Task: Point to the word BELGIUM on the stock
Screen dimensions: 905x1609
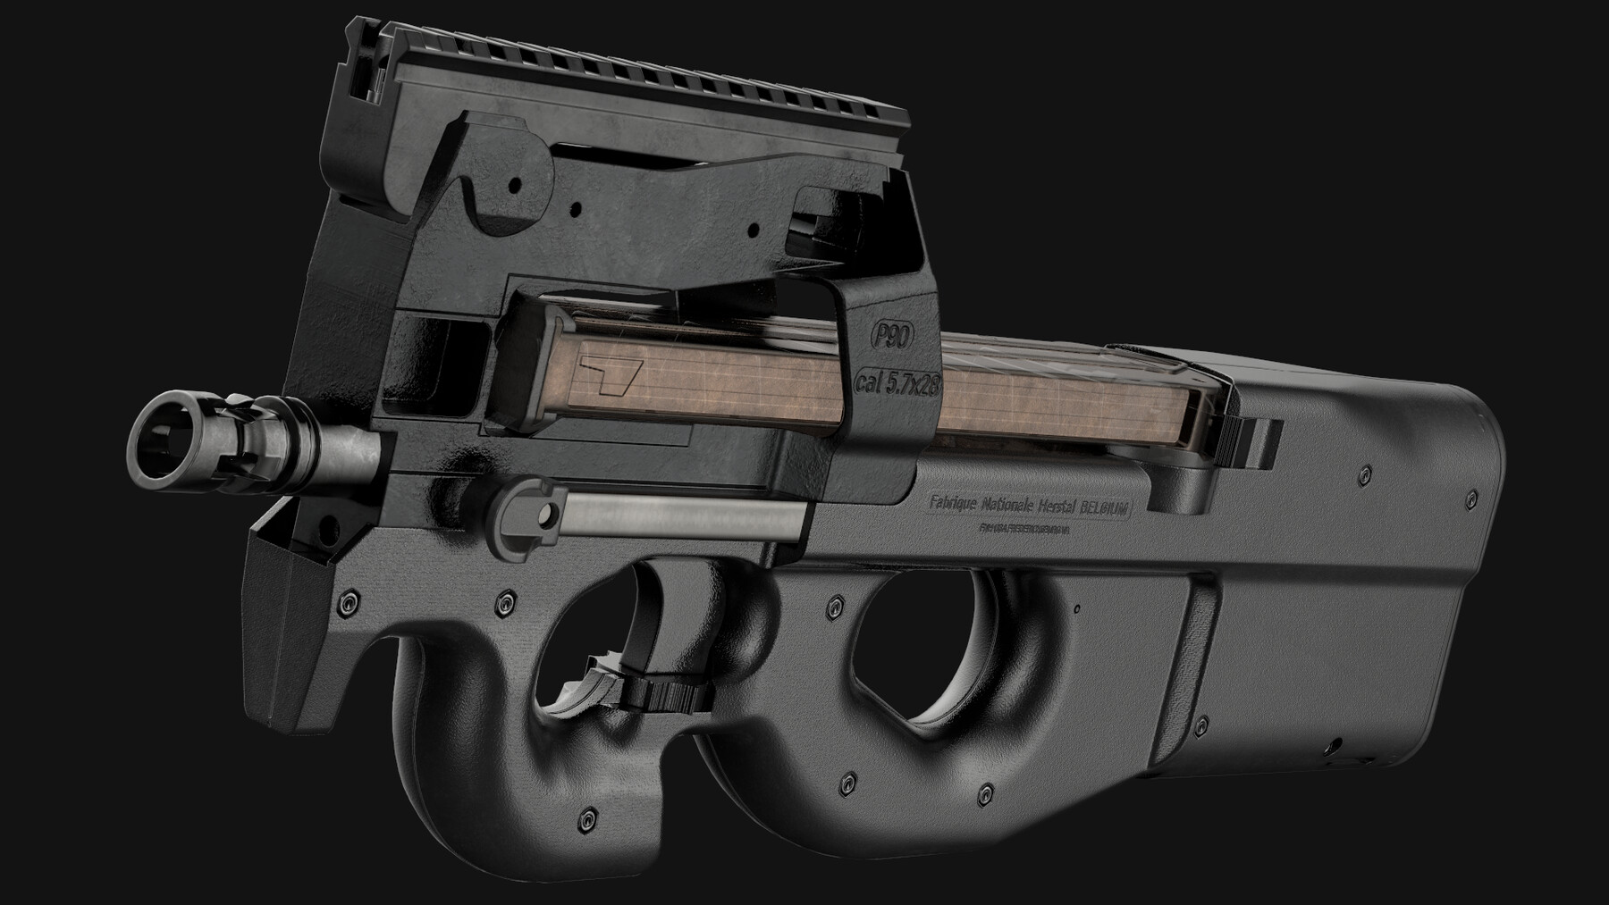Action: coord(1106,507)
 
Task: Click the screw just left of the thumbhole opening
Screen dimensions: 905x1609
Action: coord(837,605)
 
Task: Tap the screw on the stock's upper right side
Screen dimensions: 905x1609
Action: coord(1363,472)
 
